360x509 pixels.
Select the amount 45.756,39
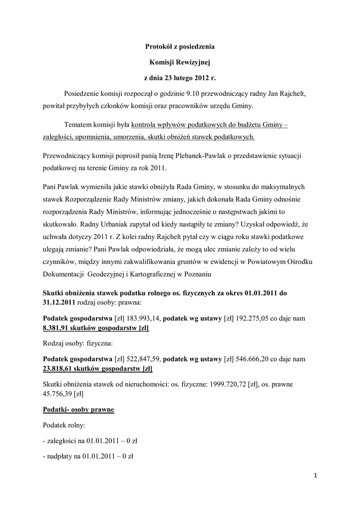(x=58, y=394)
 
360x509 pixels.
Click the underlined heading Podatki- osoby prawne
(x=79, y=410)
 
